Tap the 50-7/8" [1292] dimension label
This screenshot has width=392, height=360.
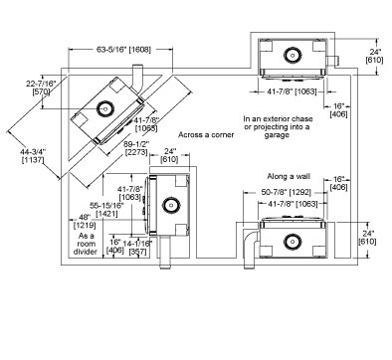(287, 191)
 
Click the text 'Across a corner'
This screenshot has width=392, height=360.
(206, 134)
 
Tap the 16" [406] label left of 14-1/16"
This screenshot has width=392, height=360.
(116, 247)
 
